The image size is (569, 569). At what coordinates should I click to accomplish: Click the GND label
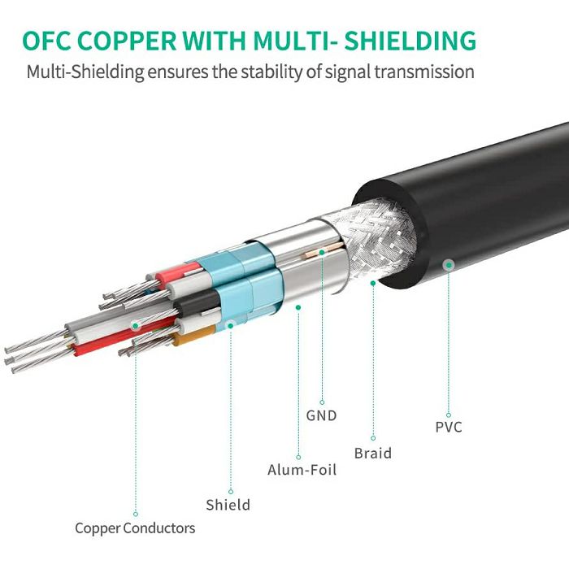[x=322, y=415]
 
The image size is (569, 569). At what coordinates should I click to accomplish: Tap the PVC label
[x=449, y=427]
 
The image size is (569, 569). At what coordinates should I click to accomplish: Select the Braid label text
[x=373, y=454]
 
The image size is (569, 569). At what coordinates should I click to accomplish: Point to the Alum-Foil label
[x=302, y=470]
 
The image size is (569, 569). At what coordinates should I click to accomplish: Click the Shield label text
[x=228, y=505]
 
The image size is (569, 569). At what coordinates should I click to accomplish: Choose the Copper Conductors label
[x=135, y=528]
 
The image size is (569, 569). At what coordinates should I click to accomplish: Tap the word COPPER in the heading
[x=127, y=41]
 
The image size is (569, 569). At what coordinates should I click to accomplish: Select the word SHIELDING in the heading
[x=410, y=41]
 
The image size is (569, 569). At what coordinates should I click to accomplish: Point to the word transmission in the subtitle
[x=424, y=72]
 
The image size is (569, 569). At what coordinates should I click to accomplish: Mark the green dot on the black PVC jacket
[x=449, y=265]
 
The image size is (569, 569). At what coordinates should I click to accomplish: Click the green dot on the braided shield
[x=373, y=283]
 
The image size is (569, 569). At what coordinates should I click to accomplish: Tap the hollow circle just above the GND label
[x=322, y=402]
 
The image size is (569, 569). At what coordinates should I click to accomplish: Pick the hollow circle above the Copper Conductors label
[x=136, y=514]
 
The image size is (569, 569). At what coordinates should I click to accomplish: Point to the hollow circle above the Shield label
[x=231, y=492]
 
